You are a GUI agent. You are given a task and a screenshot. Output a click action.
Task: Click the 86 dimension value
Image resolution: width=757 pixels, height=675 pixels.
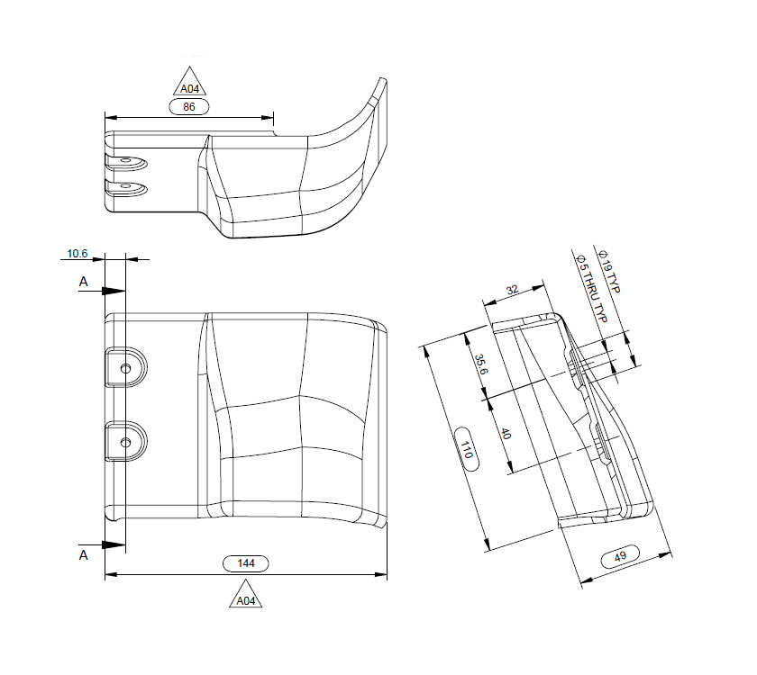click(x=189, y=106)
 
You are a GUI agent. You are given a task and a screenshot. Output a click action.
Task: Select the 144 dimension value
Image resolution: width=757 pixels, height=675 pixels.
click(x=246, y=563)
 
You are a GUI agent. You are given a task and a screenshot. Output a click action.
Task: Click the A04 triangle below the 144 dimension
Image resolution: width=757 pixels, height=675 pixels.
click(x=246, y=598)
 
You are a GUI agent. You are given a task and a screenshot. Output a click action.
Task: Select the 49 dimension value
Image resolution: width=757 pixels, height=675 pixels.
click(x=620, y=557)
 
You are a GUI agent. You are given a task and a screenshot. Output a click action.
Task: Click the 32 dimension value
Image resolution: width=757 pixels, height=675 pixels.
click(x=512, y=291)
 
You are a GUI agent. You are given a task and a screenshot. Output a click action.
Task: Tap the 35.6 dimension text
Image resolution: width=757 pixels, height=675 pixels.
click(x=483, y=365)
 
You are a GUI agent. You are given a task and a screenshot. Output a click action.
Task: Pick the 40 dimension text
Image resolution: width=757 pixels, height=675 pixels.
click(x=506, y=433)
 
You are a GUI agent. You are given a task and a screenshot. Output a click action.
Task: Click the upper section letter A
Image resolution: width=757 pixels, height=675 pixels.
click(x=84, y=282)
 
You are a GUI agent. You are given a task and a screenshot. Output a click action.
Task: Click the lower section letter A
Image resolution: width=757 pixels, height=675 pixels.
click(x=84, y=555)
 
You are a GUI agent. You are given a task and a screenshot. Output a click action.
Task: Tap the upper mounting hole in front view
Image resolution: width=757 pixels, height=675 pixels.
click(x=125, y=366)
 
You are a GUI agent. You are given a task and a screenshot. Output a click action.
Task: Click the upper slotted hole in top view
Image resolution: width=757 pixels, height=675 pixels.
click(x=127, y=163)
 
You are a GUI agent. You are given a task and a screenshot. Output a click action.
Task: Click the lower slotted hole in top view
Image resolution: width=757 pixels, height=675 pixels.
click(x=127, y=187)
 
